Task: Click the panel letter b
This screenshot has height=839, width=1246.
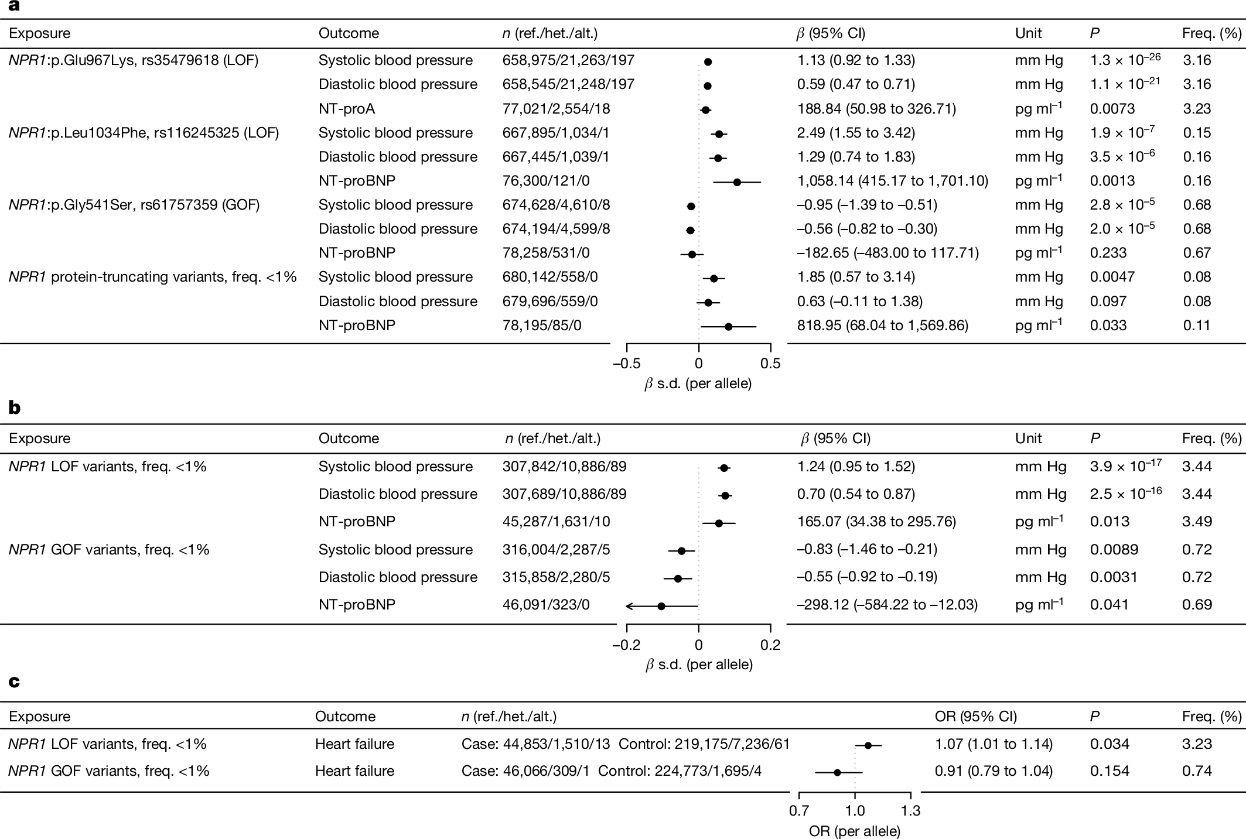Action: [x=15, y=409]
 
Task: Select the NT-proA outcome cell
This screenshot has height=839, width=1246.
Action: [x=347, y=109]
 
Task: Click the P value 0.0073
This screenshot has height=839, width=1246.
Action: [x=1112, y=109]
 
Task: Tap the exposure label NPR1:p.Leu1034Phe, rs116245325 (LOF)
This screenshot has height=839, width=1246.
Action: [x=144, y=133]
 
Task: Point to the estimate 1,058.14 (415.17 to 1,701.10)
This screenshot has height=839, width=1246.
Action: [x=892, y=181]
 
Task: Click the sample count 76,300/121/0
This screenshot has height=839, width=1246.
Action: [x=547, y=181]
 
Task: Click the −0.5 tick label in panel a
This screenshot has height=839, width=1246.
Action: [x=626, y=364]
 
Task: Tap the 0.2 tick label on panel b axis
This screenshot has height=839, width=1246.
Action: [x=770, y=645]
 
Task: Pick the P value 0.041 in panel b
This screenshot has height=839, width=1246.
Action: [x=1109, y=605]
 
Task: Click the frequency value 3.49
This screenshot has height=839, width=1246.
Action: [x=1196, y=522]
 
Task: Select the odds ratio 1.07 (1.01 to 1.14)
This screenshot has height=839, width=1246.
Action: [x=994, y=744]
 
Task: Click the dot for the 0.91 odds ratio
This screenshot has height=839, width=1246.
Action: [x=837, y=773]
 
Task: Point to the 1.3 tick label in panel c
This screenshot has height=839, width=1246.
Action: [x=910, y=811]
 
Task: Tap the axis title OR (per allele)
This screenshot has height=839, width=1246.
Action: [x=854, y=831]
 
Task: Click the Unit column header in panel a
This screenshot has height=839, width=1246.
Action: [x=1028, y=33]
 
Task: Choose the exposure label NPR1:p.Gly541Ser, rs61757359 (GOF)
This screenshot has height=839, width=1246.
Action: [x=134, y=205]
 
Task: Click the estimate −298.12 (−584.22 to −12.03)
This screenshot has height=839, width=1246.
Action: [x=887, y=605]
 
